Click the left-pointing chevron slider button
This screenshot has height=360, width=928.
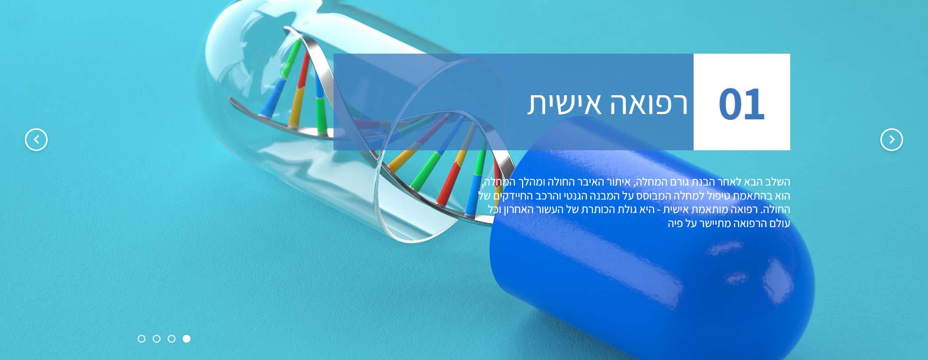[x=36, y=140]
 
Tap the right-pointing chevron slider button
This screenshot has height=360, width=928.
[x=892, y=140]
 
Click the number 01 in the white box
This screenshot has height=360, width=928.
[x=741, y=104]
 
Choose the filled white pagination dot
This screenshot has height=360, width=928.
[x=187, y=339]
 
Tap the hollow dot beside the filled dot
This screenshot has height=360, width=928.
[x=172, y=339]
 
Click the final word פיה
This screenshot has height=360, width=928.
[x=675, y=223]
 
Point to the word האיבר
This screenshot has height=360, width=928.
[x=590, y=182]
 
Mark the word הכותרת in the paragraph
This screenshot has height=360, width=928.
[x=598, y=209]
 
